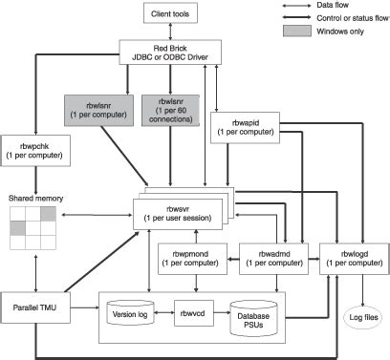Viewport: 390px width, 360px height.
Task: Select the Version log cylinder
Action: point(128,313)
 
